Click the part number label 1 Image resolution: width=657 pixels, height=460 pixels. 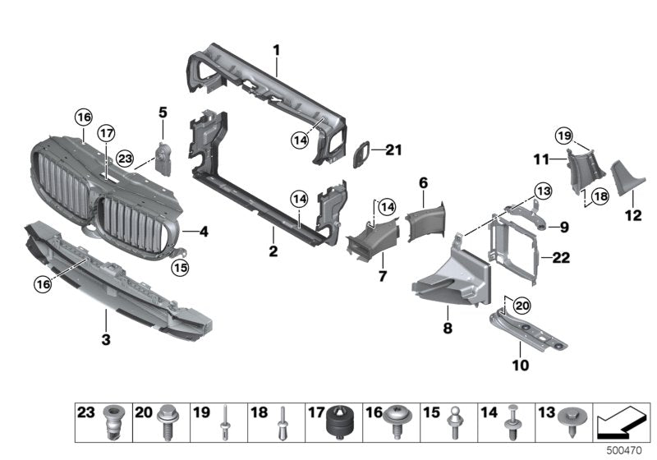(x=277, y=50)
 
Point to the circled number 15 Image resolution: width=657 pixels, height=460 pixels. (x=180, y=266)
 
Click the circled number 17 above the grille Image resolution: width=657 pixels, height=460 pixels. (x=106, y=134)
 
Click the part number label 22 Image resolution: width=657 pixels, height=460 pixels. (x=561, y=258)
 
